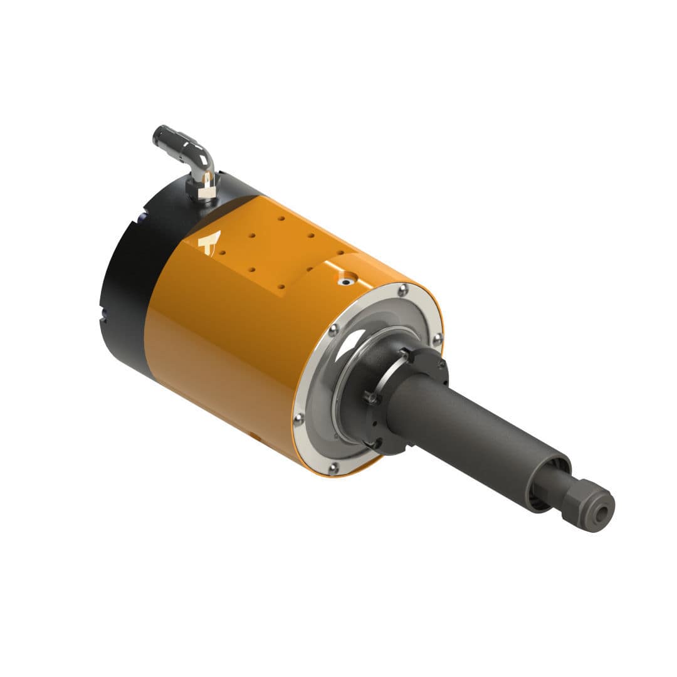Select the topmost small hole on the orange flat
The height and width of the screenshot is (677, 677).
281,219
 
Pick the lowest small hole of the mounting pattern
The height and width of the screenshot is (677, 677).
281,286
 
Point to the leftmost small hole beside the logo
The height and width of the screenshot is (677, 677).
223,253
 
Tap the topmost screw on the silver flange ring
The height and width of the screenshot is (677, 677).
402,289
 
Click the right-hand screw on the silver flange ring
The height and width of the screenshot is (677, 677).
437,338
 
